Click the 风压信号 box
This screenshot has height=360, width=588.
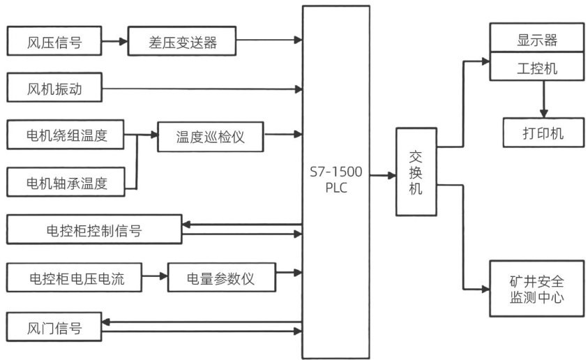point(54,42)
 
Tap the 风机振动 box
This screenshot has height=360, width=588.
point(54,89)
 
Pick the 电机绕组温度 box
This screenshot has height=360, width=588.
point(65,134)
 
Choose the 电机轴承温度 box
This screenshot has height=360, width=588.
point(65,183)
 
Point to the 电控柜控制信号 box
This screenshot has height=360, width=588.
point(93,230)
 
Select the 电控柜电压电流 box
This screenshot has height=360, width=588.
point(75,278)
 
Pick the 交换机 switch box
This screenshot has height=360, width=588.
point(416,172)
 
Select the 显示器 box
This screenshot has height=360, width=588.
point(536,39)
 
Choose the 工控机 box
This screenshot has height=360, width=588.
point(536,69)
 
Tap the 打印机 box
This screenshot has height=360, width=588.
point(543,133)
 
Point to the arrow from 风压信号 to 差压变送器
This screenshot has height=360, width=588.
point(115,42)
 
